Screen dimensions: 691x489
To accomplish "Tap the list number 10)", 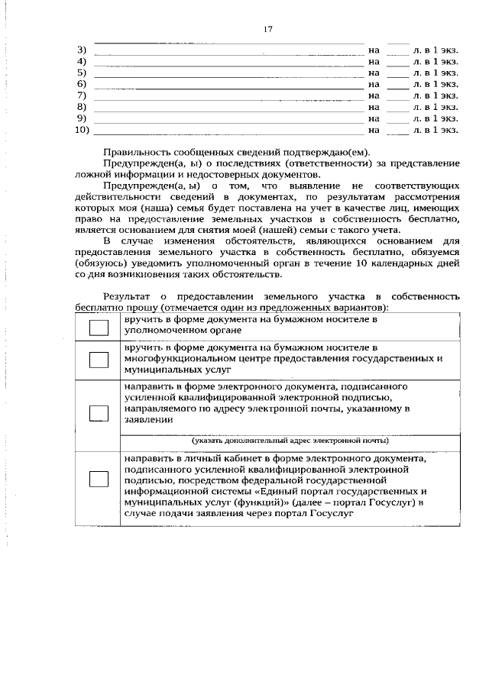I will [83, 130].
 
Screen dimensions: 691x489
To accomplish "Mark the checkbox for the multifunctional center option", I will [99, 360].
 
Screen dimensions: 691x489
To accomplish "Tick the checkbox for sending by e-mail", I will [99, 413].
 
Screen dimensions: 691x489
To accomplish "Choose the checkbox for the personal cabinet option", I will [99, 479].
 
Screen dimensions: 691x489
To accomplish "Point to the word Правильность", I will [136, 151].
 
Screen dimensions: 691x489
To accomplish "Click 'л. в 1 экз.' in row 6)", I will [435, 84].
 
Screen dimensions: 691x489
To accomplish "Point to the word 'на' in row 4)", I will [374, 61].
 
